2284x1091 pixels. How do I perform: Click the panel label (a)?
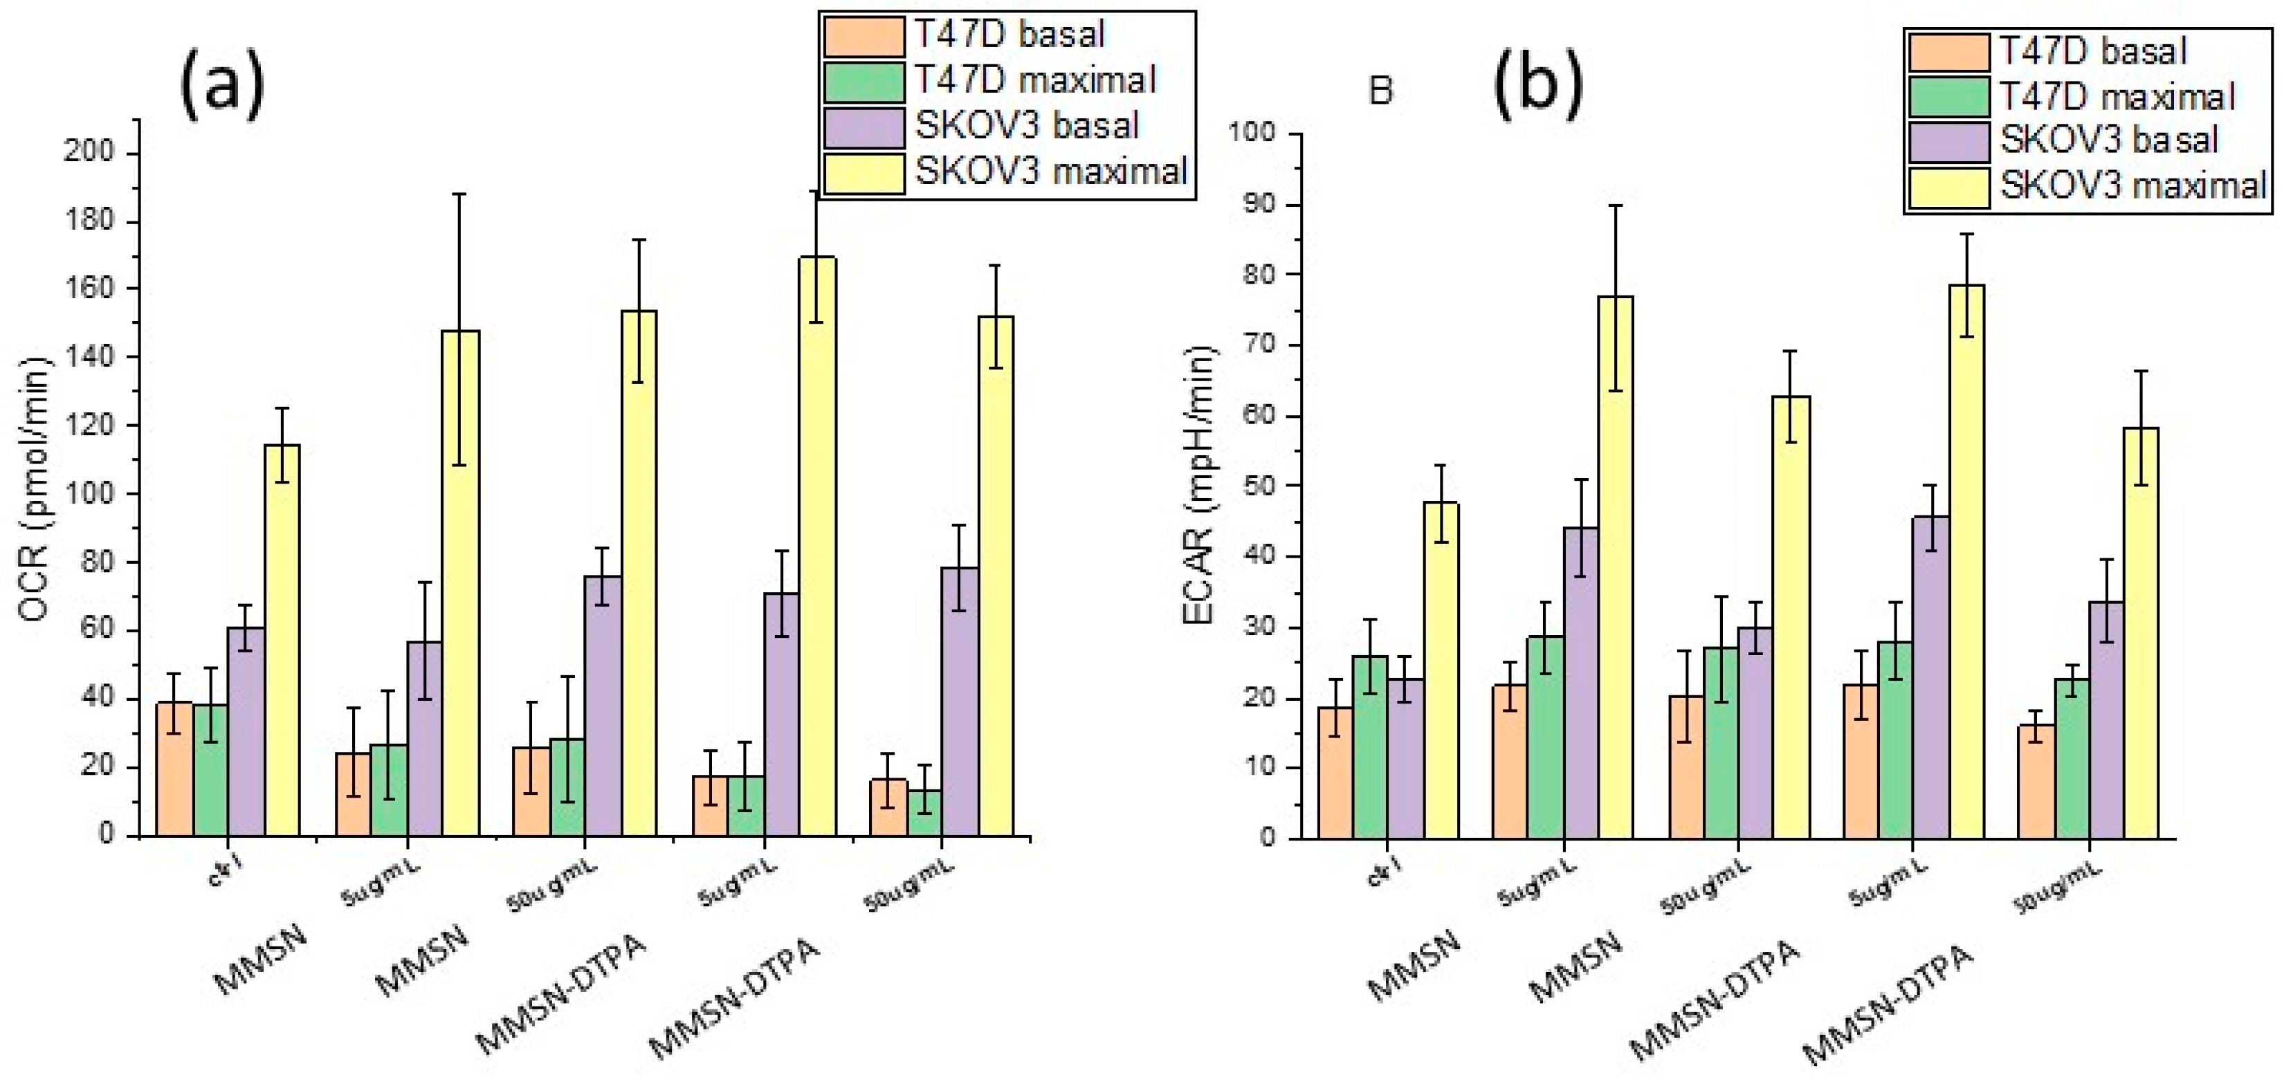tap(221, 82)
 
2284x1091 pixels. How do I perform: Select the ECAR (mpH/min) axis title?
tap(1200, 486)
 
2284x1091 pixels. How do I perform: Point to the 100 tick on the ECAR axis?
tap(1251, 134)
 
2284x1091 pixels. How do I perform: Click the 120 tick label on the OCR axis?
tap(91, 425)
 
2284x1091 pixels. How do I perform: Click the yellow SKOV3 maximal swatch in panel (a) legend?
tap(864, 174)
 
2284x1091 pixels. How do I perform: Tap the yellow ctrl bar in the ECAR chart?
tap(1441, 669)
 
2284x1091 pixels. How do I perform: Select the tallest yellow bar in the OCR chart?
tap(816, 545)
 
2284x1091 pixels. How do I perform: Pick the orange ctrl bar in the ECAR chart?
tap(1335, 771)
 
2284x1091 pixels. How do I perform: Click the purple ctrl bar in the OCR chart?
tap(246, 731)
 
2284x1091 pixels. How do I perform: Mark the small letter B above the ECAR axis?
tap(1380, 91)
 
